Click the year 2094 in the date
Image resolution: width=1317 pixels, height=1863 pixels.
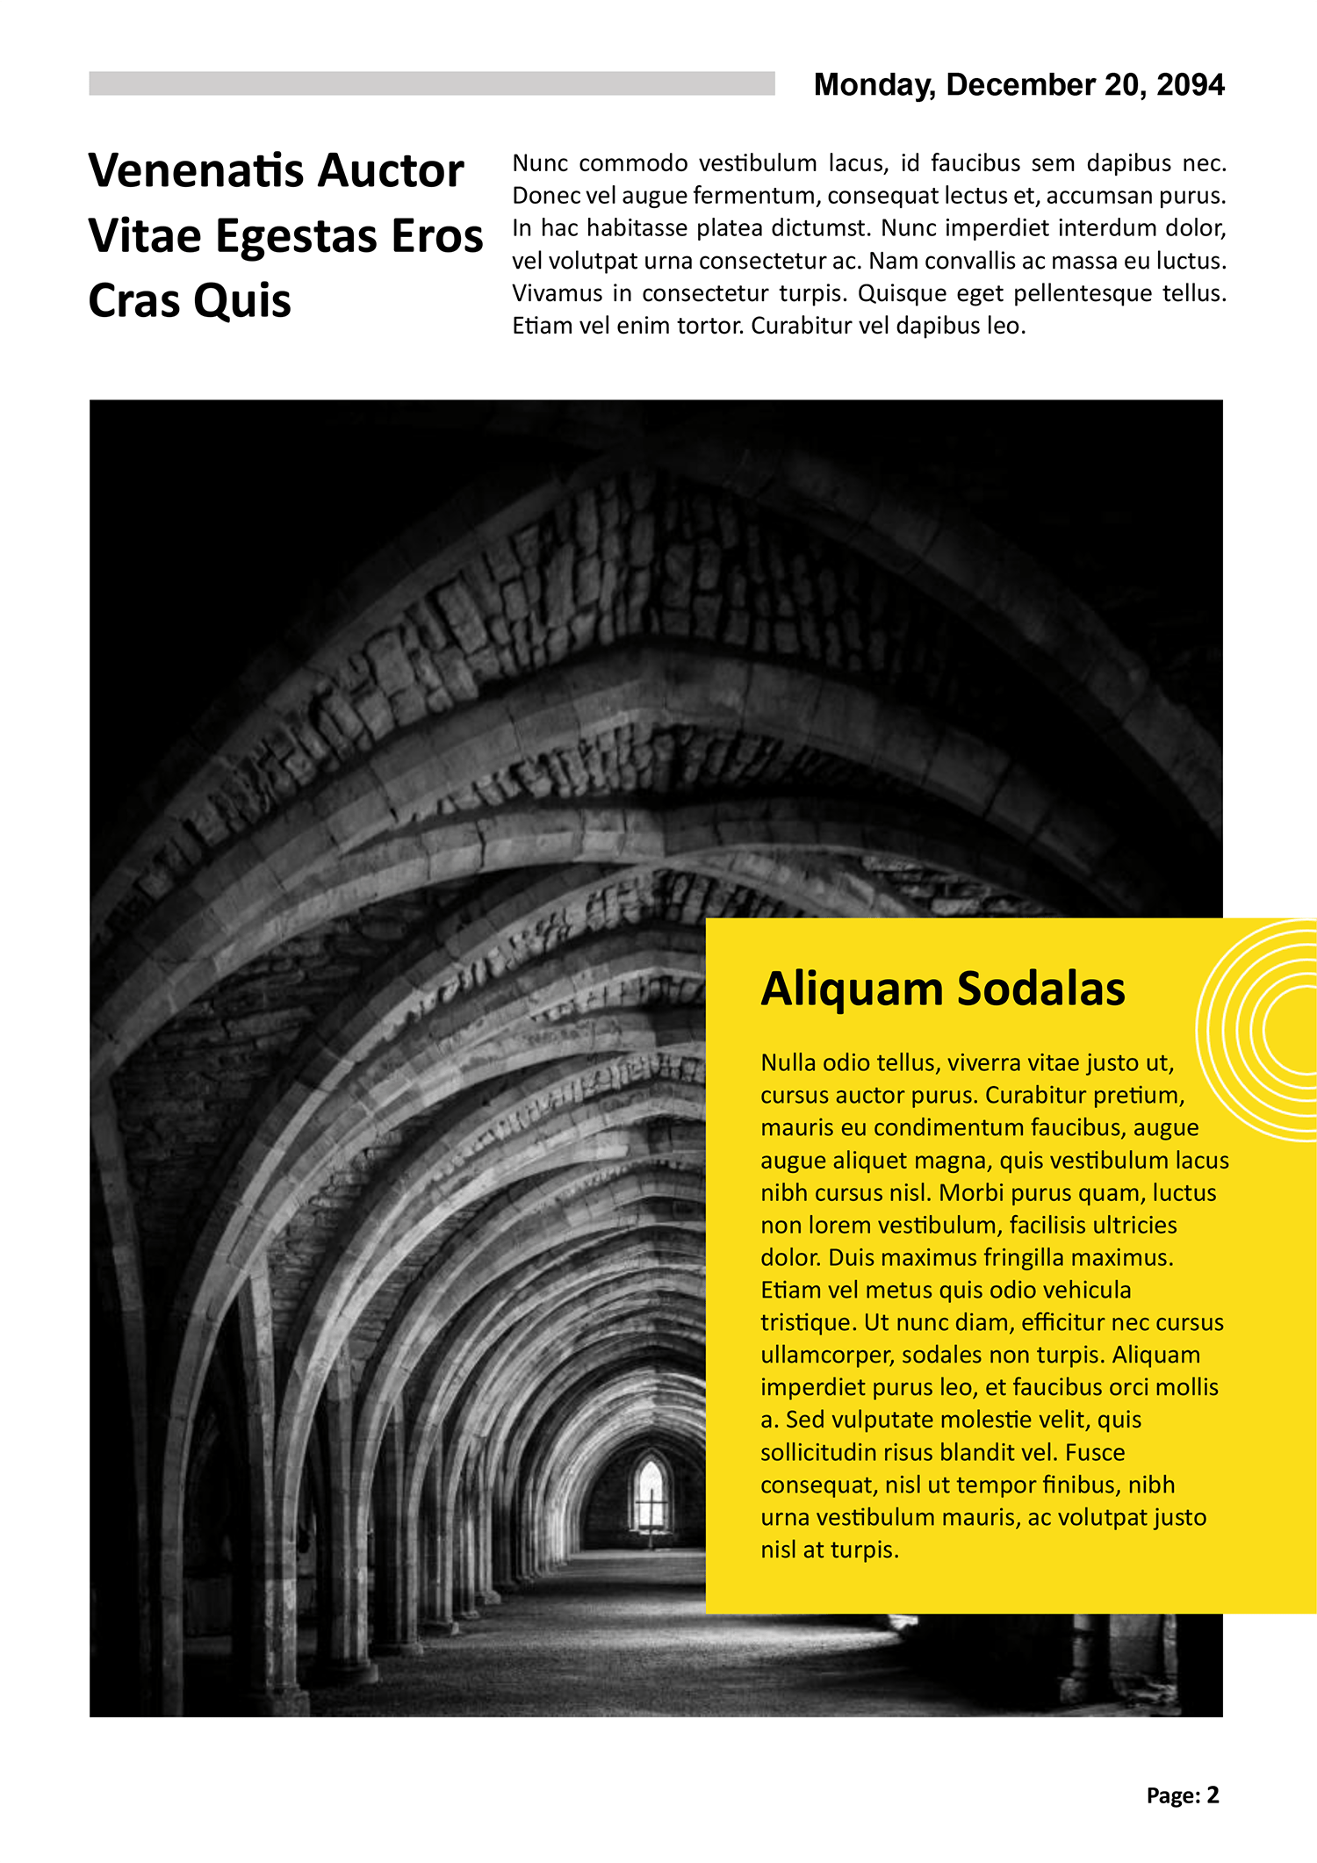coord(1190,84)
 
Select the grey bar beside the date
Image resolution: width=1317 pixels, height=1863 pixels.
coord(431,83)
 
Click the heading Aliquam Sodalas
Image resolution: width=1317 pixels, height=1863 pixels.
coord(942,989)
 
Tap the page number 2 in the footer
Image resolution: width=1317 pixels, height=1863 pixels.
coord(1213,1795)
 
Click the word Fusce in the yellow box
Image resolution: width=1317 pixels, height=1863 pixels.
coord(1095,1453)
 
